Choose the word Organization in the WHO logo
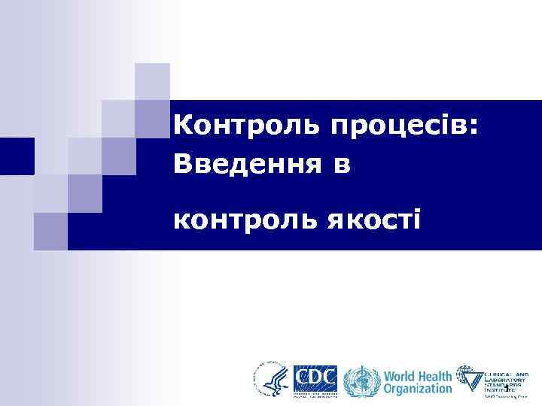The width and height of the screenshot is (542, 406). [x=419, y=389]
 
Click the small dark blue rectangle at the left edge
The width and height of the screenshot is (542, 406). [x=17, y=156]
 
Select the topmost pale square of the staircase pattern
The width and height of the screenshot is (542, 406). [x=153, y=81]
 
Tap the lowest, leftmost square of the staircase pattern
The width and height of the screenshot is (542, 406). [x=50, y=231]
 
